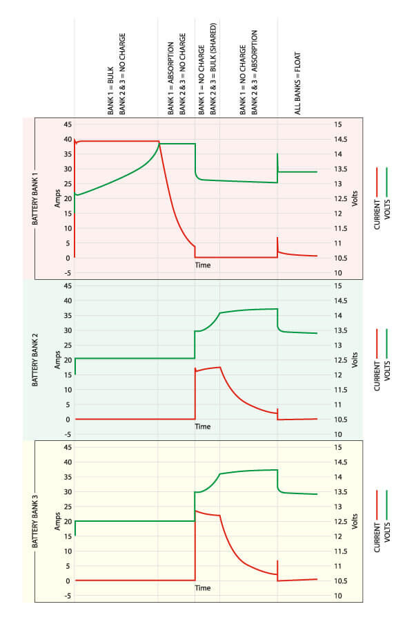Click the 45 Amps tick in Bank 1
[x=67, y=124]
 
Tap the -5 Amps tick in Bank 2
[x=67, y=434]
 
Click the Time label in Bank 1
[x=202, y=265]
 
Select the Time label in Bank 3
[x=202, y=588]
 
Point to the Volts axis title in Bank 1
[x=355, y=198]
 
